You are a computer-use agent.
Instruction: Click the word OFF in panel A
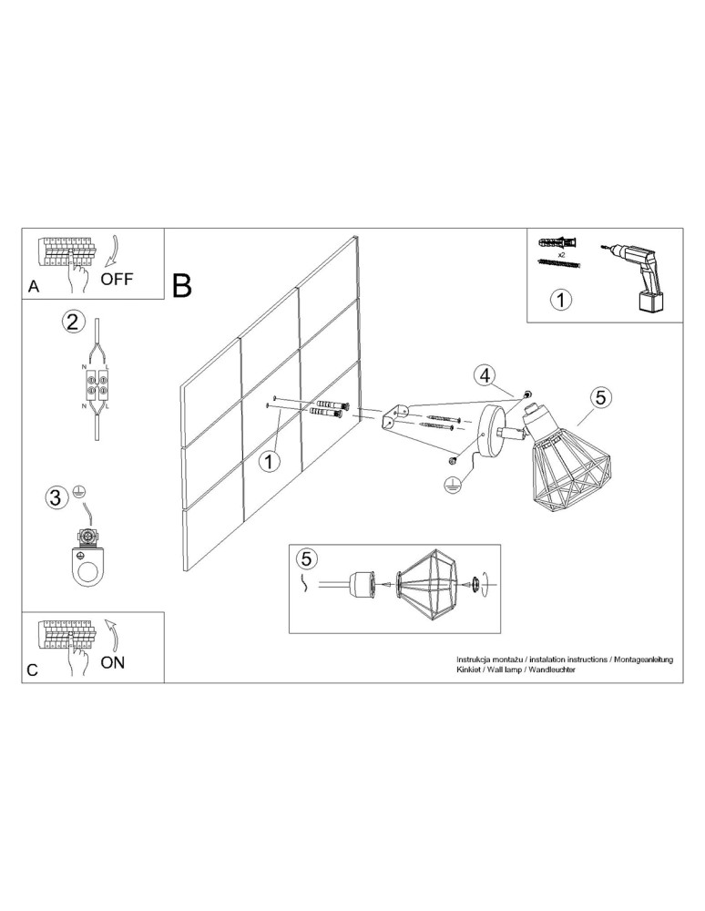click(x=117, y=279)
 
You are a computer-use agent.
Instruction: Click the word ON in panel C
click(x=113, y=662)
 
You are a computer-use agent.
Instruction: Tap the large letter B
click(x=182, y=286)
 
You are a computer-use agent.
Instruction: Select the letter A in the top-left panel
click(x=34, y=286)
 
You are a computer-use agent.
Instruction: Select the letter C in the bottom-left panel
click(x=33, y=670)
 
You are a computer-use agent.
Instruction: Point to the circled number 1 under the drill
click(x=562, y=299)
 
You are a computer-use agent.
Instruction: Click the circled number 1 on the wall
click(x=268, y=462)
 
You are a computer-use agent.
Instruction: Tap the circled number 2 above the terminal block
click(x=74, y=321)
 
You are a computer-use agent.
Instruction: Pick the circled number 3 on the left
click(x=56, y=497)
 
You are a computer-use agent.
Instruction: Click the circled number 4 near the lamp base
click(x=485, y=375)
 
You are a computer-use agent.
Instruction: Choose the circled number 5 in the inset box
click(x=307, y=558)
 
